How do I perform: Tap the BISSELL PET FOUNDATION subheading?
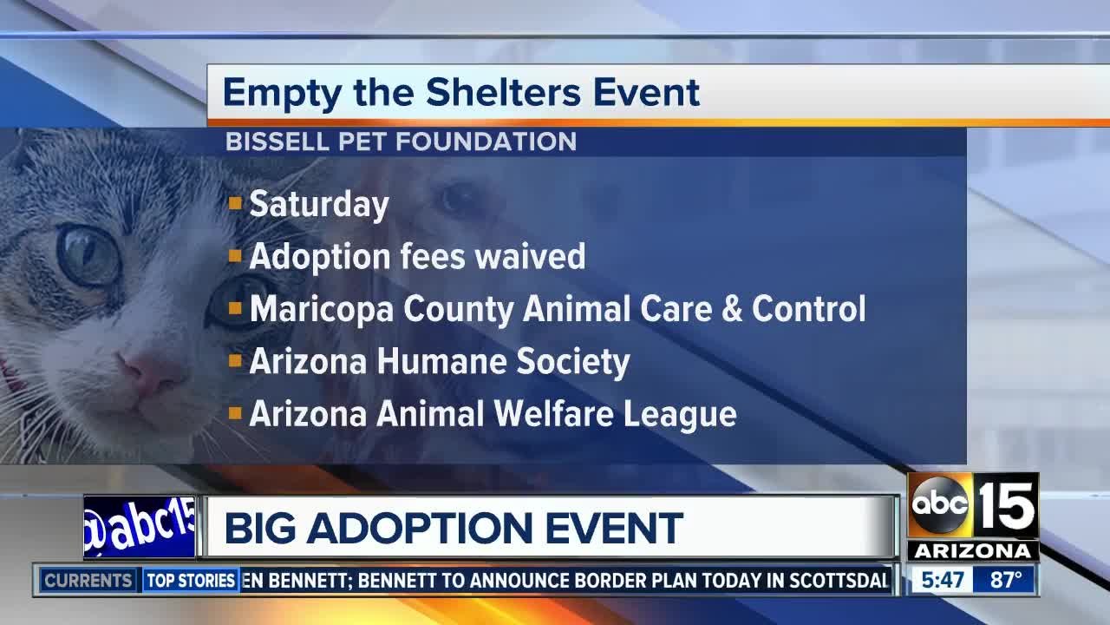click(x=401, y=141)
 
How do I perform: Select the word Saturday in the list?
click(x=319, y=205)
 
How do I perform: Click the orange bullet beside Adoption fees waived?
click(x=234, y=257)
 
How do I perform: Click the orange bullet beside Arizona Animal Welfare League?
click(x=234, y=414)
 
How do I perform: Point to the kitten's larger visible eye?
click(x=88, y=254)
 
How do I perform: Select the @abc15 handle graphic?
click(x=139, y=527)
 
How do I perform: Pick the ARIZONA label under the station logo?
click(x=973, y=552)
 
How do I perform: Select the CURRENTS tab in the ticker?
click(x=88, y=581)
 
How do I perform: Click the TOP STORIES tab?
click(x=191, y=581)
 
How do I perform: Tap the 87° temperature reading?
click(x=1006, y=580)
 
